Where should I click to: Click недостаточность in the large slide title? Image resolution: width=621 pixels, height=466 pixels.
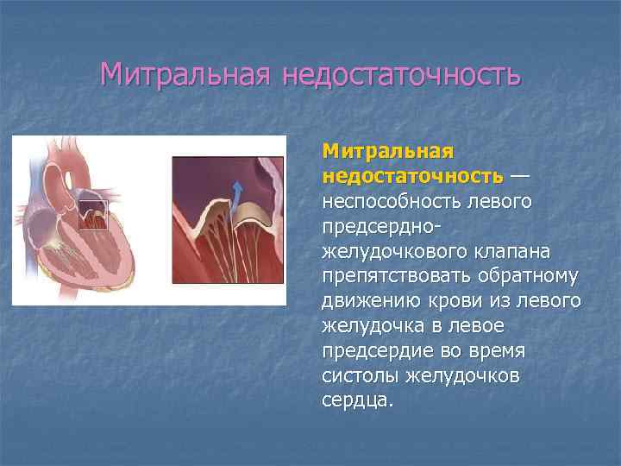(400, 74)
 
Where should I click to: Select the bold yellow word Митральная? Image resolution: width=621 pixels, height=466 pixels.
(387, 152)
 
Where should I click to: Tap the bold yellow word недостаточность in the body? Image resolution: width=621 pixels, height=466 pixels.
(412, 176)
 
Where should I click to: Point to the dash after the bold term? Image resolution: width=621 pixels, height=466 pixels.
(520, 176)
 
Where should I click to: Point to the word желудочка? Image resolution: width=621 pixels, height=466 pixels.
(370, 326)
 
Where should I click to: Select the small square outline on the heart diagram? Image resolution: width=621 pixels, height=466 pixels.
(93, 215)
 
